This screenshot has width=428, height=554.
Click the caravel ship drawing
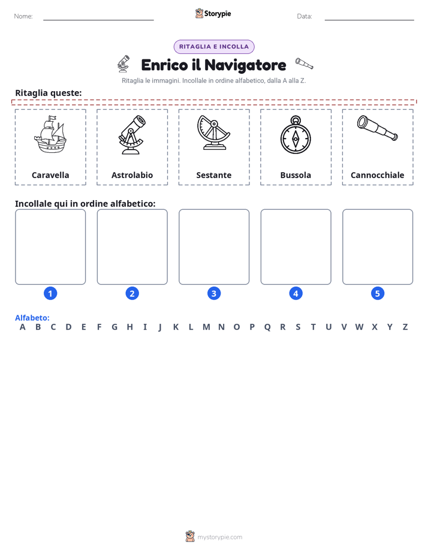click(50, 134)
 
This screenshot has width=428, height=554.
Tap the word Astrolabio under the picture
click(132, 175)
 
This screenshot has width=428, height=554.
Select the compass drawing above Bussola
click(296, 135)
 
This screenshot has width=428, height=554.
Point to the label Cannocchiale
click(377, 175)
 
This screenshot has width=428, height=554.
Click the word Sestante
click(213, 175)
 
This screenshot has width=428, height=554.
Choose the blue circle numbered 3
click(214, 293)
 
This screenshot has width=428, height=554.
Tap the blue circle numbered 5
click(378, 293)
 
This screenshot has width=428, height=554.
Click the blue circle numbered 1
click(50, 293)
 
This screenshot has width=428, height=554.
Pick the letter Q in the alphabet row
click(267, 327)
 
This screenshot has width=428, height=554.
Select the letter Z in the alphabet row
click(405, 327)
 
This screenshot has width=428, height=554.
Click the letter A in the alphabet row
click(23, 327)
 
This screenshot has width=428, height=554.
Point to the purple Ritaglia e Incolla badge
click(214, 47)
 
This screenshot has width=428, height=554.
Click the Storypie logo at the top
click(213, 13)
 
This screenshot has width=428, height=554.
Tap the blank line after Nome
click(98, 20)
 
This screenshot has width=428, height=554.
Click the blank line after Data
click(369, 20)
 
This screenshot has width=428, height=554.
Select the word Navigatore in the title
click(245, 65)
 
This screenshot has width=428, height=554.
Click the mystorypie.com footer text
click(219, 537)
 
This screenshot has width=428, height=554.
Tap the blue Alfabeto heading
click(32, 318)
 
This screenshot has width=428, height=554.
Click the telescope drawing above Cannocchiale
click(377, 128)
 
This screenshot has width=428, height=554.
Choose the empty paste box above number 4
click(296, 246)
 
